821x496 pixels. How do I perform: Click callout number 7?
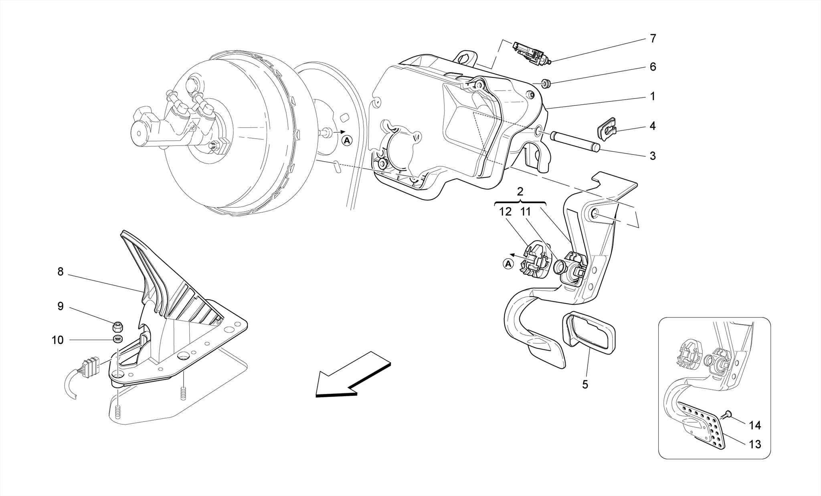click(x=653, y=39)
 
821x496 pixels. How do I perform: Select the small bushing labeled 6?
click(x=546, y=84)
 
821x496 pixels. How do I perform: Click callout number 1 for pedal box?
click(x=652, y=97)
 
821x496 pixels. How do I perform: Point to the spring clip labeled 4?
click(x=605, y=129)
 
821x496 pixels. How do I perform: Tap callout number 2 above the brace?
click(x=520, y=192)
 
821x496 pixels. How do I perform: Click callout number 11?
click(x=526, y=212)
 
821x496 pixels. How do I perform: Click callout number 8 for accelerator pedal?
click(x=61, y=272)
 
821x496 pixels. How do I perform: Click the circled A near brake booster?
click(x=347, y=141)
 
